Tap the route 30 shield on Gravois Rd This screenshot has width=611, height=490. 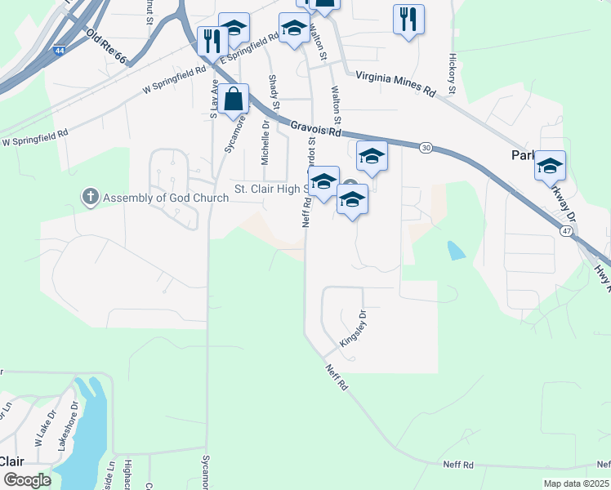[426, 148]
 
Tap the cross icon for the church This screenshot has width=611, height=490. [89, 197]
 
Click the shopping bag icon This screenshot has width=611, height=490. [233, 100]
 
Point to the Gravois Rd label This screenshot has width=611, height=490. [315, 127]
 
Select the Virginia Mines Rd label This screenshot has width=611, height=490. [395, 83]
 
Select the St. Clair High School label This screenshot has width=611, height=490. [270, 188]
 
